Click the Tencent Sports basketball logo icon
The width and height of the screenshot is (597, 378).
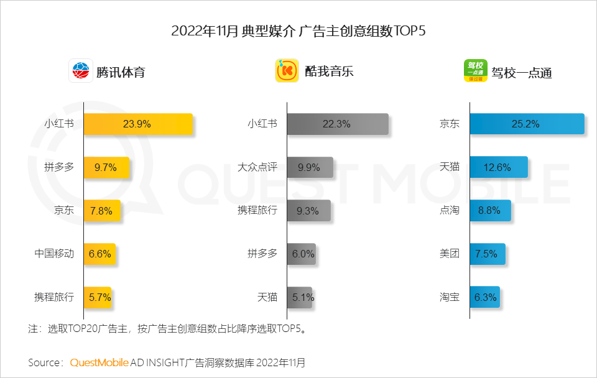(x=80, y=71)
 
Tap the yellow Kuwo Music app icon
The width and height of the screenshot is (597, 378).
(x=287, y=71)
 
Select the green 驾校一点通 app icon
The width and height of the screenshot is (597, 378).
(x=476, y=71)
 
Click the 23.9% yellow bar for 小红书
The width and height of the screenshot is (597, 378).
(x=137, y=124)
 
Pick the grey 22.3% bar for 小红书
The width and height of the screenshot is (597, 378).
(x=338, y=124)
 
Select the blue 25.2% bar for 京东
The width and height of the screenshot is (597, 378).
(x=527, y=124)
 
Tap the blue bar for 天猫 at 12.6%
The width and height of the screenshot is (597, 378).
(x=499, y=167)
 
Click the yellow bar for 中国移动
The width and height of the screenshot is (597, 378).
(x=99, y=254)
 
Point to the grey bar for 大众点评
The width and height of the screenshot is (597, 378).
(x=310, y=167)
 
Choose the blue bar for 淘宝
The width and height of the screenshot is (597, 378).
(x=484, y=297)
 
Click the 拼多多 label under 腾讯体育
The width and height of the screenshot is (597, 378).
(x=59, y=167)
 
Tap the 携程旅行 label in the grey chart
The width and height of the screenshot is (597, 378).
(x=257, y=211)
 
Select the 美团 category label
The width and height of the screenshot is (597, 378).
(x=449, y=254)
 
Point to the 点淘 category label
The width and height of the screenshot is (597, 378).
(x=449, y=211)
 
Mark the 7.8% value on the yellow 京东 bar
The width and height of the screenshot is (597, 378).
(x=101, y=211)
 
